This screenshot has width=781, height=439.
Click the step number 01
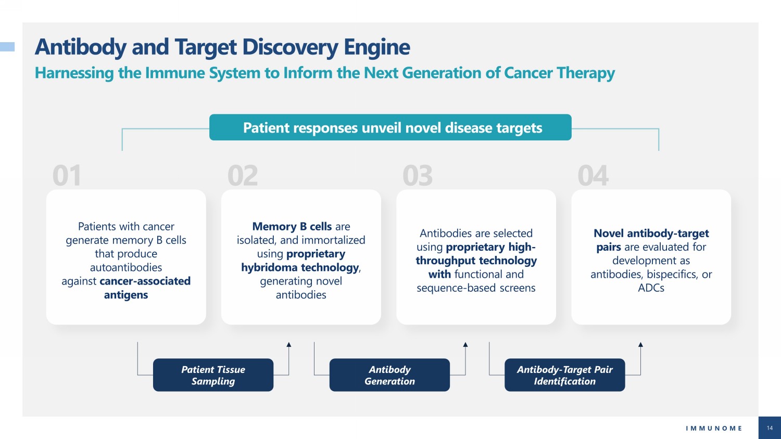click(x=67, y=176)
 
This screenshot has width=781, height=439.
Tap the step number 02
click(x=243, y=176)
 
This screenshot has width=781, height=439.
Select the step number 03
click(x=418, y=176)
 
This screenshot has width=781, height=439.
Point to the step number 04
click(x=593, y=176)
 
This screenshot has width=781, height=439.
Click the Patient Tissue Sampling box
click(x=213, y=375)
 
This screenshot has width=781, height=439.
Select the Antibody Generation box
click(x=389, y=375)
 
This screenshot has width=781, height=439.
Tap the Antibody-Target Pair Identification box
click(x=564, y=375)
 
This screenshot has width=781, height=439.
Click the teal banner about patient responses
click(x=390, y=127)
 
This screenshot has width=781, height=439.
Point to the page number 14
click(x=770, y=428)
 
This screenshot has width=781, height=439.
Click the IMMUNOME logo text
click(x=714, y=428)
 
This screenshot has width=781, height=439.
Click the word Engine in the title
click(x=377, y=47)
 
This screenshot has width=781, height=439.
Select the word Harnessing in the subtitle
click(x=74, y=73)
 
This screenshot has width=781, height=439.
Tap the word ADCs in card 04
click(x=651, y=288)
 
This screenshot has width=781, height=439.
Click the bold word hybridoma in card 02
click(x=269, y=267)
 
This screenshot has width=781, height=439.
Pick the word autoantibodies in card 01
click(x=126, y=267)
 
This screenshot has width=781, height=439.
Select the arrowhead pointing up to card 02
click(x=288, y=344)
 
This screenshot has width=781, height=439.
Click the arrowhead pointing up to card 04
click(x=640, y=344)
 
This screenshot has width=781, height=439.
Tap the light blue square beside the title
click(x=7, y=47)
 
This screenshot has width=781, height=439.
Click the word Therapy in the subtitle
click(x=586, y=73)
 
